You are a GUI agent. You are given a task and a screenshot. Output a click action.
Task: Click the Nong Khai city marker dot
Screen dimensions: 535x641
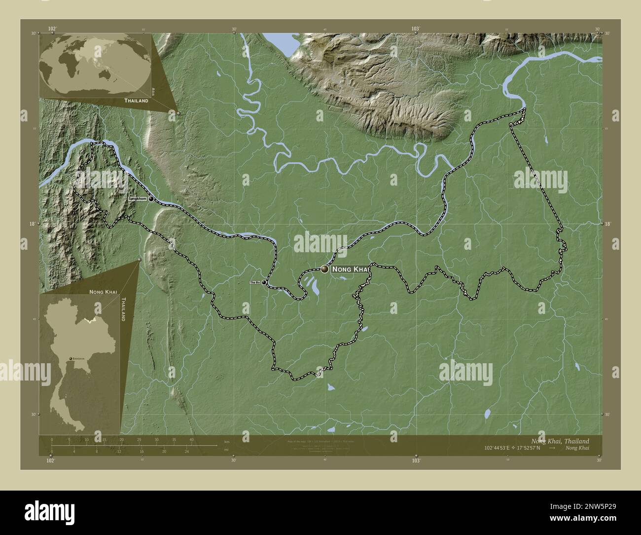click(x=324, y=269)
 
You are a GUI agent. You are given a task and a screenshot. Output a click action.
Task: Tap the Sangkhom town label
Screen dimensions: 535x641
click(x=138, y=198)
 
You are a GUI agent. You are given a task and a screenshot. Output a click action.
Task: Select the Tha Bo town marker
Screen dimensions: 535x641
click(x=264, y=282)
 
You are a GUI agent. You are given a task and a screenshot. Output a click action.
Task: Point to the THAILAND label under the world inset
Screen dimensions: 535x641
click(x=137, y=100)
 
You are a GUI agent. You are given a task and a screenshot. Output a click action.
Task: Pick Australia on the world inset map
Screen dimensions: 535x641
click(x=105, y=73)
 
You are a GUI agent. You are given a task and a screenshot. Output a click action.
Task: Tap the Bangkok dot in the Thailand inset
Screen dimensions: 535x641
click(x=71, y=358)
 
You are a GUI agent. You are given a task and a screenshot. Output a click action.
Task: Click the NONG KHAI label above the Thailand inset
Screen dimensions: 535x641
click(x=103, y=292)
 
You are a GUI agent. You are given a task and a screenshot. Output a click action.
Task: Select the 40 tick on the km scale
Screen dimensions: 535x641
click(x=191, y=439)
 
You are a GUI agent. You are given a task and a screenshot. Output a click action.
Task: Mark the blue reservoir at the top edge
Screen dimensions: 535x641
click(x=278, y=42)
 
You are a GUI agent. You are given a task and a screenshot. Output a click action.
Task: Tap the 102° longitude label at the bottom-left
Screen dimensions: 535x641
click(x=50, y=460)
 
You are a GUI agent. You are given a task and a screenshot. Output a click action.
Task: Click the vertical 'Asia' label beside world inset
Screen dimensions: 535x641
click(x=154, y=91)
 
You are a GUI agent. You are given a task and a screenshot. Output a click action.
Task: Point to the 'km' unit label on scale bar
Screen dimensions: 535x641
click(x=226, y=441)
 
